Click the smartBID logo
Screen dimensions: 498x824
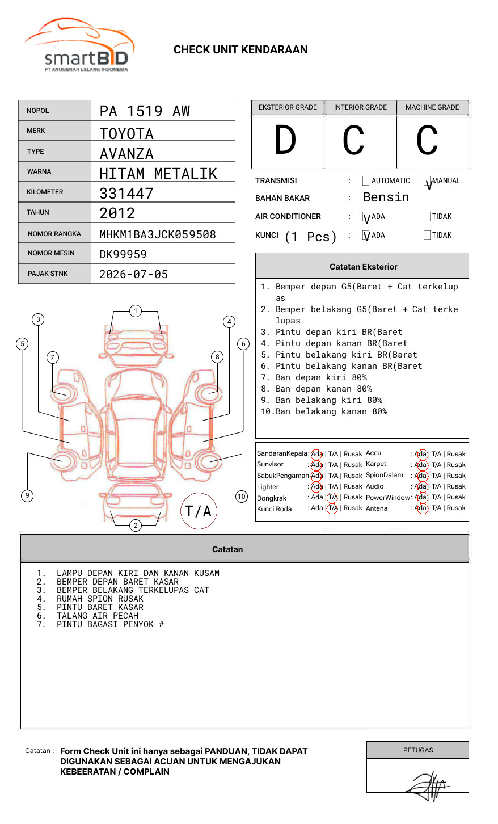(x=80, y=45)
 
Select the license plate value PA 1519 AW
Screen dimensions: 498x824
(x=145, y=111)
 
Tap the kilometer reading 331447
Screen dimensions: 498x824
(x=126, y=193)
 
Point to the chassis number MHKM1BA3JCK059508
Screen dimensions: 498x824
(x=158, y=234)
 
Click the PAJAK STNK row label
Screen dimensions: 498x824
(x=48, y=274)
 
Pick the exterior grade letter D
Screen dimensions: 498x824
(x=285, y=140)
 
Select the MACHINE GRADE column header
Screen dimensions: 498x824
(x=432, y=107)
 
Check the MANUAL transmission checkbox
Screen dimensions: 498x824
(x=427, y=180)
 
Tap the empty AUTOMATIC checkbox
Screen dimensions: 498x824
(x=366, y=180)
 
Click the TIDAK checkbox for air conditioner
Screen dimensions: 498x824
(x=427, y=216)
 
